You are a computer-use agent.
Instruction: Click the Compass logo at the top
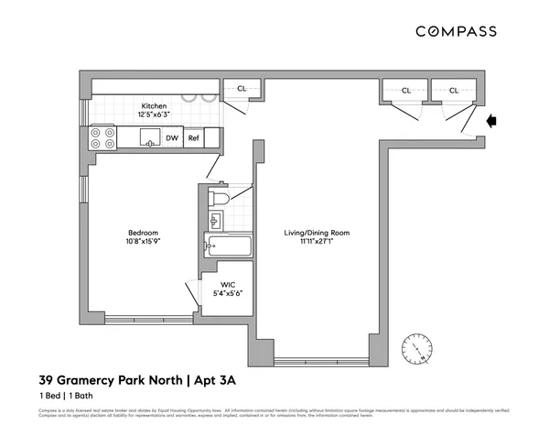pos(457,31)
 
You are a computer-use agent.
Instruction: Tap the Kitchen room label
pos(154,105)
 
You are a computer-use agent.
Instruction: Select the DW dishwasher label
pos(172,138)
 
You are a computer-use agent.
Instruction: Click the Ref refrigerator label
pos(193,138)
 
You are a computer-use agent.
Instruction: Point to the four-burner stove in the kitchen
pos(102,137)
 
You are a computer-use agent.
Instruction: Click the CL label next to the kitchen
pos(242,89)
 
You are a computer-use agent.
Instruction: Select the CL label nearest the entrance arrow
pos(453,90)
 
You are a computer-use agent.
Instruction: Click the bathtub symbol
pos(228,245)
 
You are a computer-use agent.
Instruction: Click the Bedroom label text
pos(143,231)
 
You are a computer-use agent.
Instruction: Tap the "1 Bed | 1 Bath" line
pos(70,396)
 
